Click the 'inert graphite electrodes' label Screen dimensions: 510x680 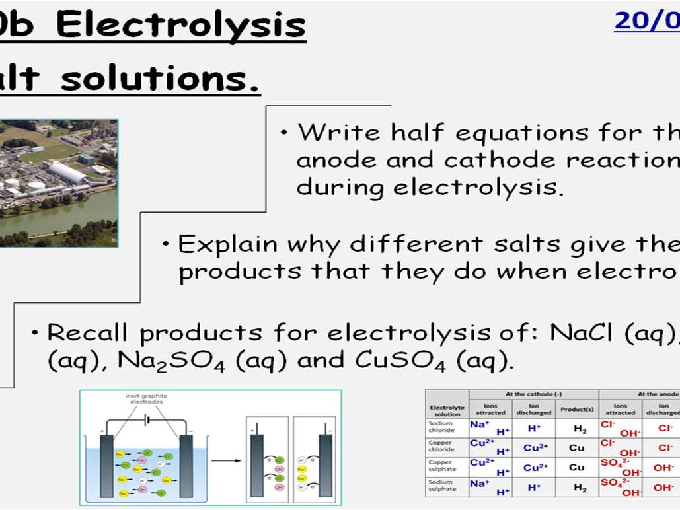pyautogui.click(x=146, y=400)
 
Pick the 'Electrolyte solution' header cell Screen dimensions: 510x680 pyautogui.click(x=447, y=410)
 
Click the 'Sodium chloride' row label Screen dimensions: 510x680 pyautogui.click(x=441, y=427)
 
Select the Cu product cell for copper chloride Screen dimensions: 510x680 pyautogui.click(x=577, y=447)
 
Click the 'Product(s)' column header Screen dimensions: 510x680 pyautogui.click(x=577, y=410)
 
